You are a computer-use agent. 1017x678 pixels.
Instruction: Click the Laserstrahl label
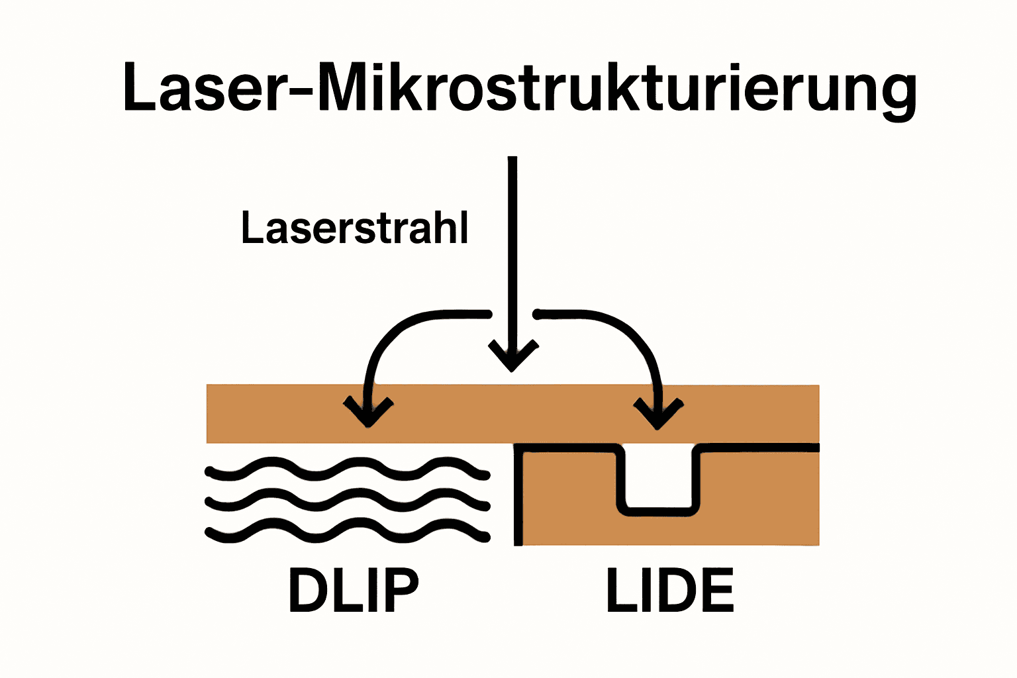355,228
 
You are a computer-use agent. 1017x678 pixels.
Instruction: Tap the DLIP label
354,590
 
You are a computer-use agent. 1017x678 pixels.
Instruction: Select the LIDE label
669,590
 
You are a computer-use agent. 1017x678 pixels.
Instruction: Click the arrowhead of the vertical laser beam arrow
512,358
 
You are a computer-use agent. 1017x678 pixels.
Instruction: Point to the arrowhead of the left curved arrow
368,414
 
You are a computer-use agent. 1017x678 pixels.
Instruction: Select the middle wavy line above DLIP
348,501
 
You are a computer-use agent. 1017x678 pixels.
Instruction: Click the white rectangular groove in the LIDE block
658,477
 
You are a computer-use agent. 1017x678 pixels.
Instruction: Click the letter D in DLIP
309,590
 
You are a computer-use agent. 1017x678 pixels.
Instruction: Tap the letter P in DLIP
401,590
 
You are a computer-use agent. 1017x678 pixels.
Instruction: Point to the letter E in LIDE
715,590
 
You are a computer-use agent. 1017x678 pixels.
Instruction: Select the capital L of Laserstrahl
252,228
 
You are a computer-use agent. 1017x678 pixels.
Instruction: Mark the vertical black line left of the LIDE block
518,497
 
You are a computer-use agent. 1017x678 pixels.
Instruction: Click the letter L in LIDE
620,590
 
